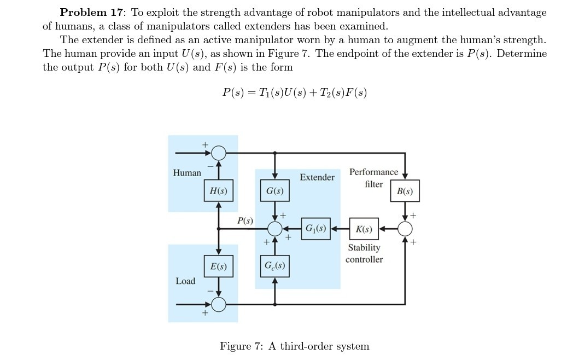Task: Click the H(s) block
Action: (219, 190)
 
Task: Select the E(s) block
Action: (219, 266)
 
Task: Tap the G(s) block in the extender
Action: (274, 190)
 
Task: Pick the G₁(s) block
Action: (315, 228)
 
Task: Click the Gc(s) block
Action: (274, 266)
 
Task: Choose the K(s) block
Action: (364, 229)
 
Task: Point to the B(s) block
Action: (405, 191)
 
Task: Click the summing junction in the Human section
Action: (219, 153)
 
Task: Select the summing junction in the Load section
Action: (219, 304)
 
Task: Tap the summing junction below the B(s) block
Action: (405, 229)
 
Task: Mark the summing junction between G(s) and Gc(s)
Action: (275, 229)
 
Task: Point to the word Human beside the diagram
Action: (187, 173)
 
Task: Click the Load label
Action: (185, 281)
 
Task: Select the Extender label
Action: (317, 177)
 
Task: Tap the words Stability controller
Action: (364, 253)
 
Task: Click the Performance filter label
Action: (374, 178)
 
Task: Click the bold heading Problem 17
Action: (91, 12)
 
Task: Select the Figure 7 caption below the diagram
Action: (294, 346)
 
